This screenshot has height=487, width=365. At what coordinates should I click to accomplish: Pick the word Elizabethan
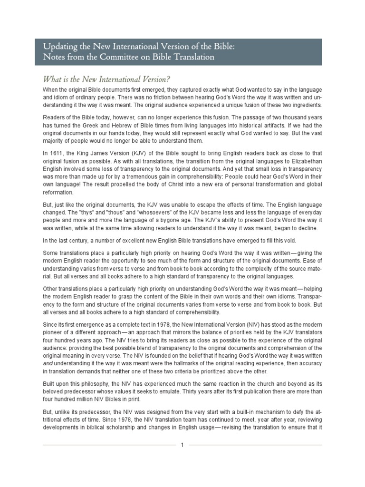pyautogui.click(x=307, y=166)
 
